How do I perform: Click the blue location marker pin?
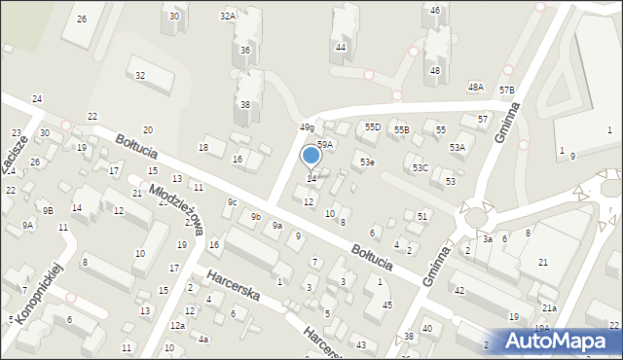(x=311, y=156)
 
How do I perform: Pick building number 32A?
(x=228, y=16)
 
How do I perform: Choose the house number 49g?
(x=307, y=127)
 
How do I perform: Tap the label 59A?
(x=325, y=144)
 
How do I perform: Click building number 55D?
(x=372, y=127)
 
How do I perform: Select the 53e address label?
(x=366, y=162)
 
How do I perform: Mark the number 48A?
(x=475, y=87)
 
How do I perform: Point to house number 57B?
(x=506, y=90)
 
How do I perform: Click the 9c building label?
(x=232, y=201)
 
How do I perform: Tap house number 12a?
(x=176, y=326)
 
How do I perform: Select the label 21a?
(x=549, y=307)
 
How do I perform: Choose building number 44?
(x=340, y=47)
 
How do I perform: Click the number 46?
(x=435, y=10)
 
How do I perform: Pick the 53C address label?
(x=420, y=168)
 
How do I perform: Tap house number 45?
(x=387, y=306)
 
